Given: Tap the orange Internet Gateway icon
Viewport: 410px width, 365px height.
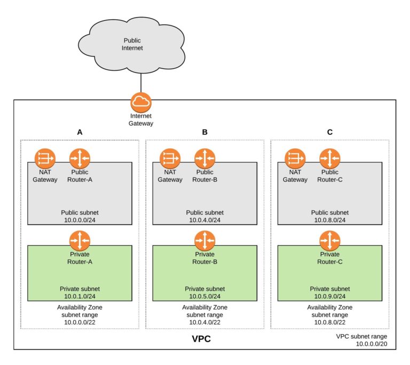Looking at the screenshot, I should pyautogui.click(x=141, y=102).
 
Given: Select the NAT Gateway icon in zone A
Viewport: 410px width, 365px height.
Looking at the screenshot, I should pyautogui.click(x=45, y=158).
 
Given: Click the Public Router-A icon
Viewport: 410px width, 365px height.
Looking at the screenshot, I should pyautogui.click(x=80, y=158).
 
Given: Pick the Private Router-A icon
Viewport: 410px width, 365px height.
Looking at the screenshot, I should pyautogui.click(x=80, y=240).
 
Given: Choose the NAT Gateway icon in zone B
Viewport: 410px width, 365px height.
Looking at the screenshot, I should pyautogui.click(x=170, y=158).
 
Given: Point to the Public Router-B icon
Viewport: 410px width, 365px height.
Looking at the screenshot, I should pyautogui.click(x=204, y=158).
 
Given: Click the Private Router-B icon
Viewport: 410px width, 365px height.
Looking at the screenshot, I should pyautogui.click(x=204, y=240).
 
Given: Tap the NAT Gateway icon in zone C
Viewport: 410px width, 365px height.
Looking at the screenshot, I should pyautogui.click(x=295, y=158).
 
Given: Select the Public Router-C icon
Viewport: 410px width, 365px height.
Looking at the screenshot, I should pyautogui.click(x=329, y=158).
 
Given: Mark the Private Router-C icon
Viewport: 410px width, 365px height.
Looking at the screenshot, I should pyautogui.click(x=329, y=240).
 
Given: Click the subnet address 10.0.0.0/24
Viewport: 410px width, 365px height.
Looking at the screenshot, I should pyautogui.click(x=80, y=220).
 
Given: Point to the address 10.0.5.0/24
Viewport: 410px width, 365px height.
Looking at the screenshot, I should pyautogui.click(x=204, y=296).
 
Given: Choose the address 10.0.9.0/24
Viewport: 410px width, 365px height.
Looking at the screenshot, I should pyautogui.click(x=329, y=296).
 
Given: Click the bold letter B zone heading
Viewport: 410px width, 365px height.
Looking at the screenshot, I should pyautogui.click(x=204, y=132).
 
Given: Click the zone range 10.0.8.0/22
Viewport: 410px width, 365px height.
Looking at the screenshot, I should pyautogui.click(x=329, y=322).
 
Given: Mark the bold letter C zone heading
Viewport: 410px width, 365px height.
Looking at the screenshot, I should pyautogui.click(x=329, y=132).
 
